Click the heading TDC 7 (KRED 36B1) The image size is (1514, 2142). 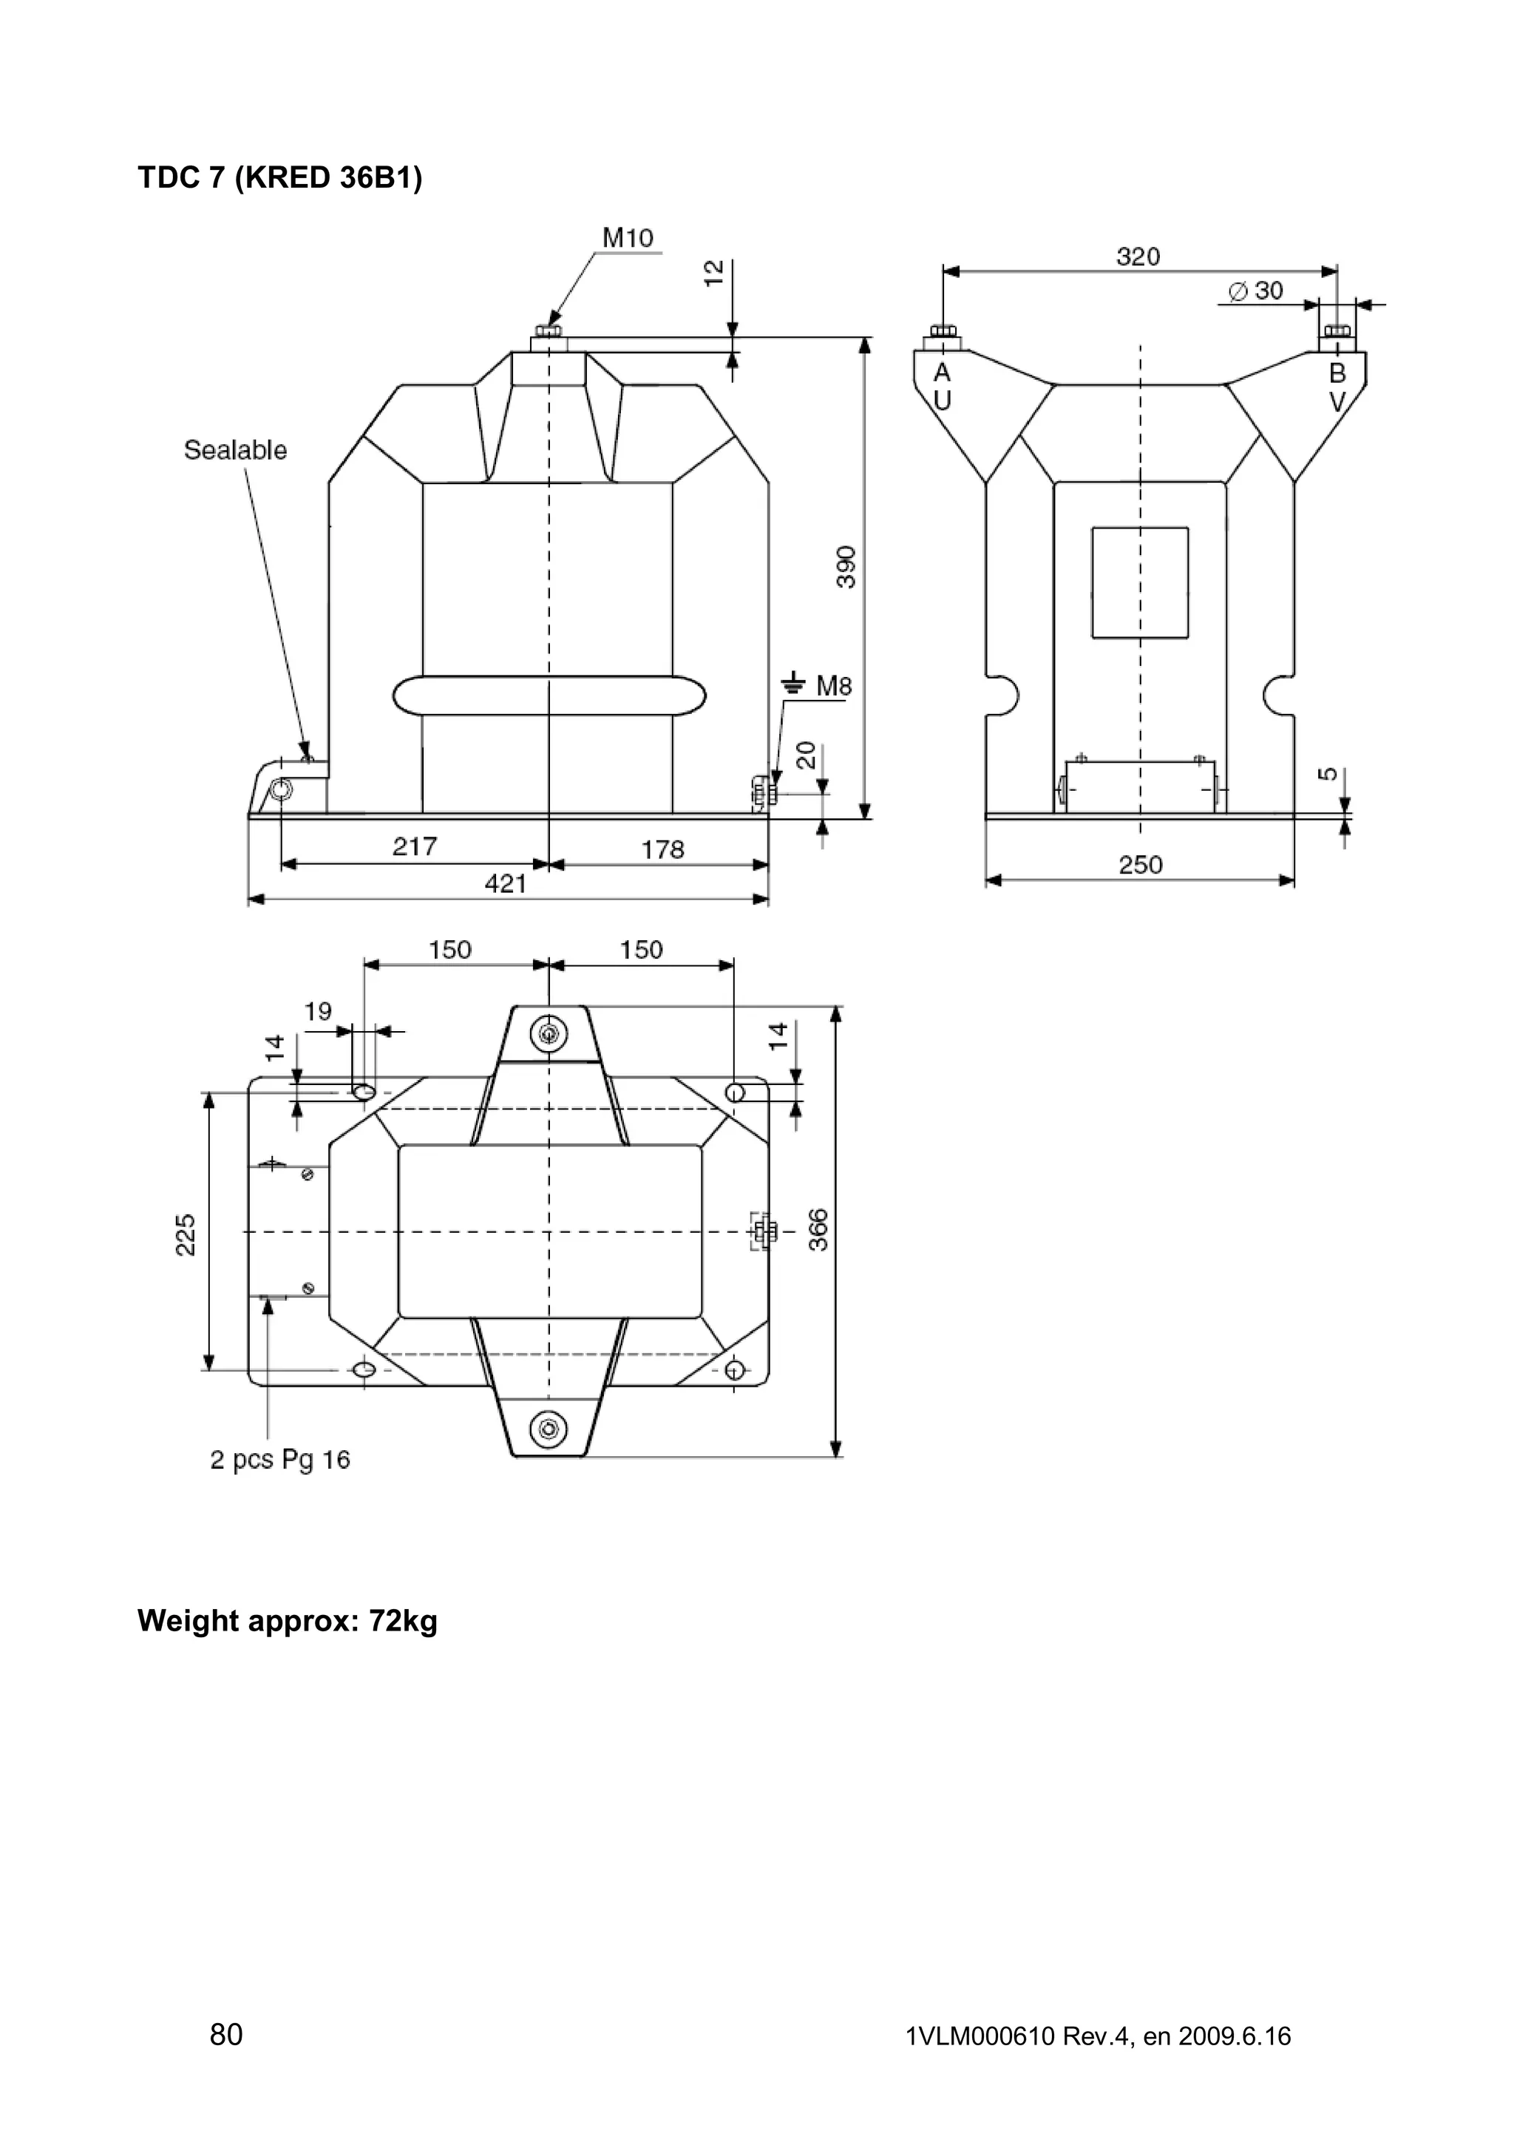[280, 177]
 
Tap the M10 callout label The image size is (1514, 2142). [628, 238]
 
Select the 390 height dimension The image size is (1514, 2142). [845, 566]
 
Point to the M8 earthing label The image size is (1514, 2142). [833, 687]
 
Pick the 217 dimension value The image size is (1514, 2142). [414, 846]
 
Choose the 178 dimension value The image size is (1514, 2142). [662, 849]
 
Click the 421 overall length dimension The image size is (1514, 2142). [506, 883]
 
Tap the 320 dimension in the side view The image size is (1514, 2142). [1138, 256]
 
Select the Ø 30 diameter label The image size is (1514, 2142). [1255, 291]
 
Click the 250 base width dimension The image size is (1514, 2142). [1140, 865]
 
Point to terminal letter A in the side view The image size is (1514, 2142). [942, 373]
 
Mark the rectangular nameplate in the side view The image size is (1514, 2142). [1140, 582]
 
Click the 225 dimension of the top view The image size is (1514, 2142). [186, 1234]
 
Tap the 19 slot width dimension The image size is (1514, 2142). [318, 1011]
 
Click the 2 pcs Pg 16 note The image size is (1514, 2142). [280, 1459]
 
